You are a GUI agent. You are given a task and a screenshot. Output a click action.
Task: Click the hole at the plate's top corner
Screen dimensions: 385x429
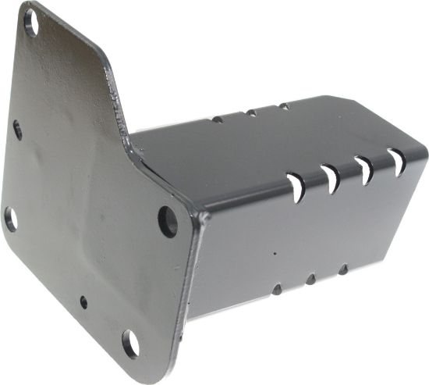[31, 19]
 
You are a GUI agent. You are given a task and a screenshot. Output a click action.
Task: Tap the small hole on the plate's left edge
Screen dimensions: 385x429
[17, 129]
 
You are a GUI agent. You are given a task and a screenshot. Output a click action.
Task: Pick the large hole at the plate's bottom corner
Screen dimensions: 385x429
[130, 343]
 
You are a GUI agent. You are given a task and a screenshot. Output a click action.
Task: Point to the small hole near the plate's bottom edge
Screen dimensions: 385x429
[83, 301]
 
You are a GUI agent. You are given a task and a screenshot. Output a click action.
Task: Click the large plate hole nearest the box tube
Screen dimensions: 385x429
[168, 221]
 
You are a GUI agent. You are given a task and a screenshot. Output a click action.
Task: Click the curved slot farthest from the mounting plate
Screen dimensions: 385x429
[397, 162]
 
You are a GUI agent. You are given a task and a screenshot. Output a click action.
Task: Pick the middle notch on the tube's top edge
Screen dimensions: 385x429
[251, 112]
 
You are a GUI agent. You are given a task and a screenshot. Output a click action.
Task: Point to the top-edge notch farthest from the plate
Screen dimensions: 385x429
[284, 106]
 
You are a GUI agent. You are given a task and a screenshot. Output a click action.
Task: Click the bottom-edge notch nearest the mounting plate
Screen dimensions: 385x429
[276, 289]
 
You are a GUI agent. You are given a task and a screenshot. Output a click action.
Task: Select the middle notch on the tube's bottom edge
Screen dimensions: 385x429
[310, 279]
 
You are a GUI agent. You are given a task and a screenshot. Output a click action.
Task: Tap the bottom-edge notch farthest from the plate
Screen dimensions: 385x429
[342, 269]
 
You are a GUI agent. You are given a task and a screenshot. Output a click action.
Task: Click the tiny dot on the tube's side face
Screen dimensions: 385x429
[275, 253]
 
